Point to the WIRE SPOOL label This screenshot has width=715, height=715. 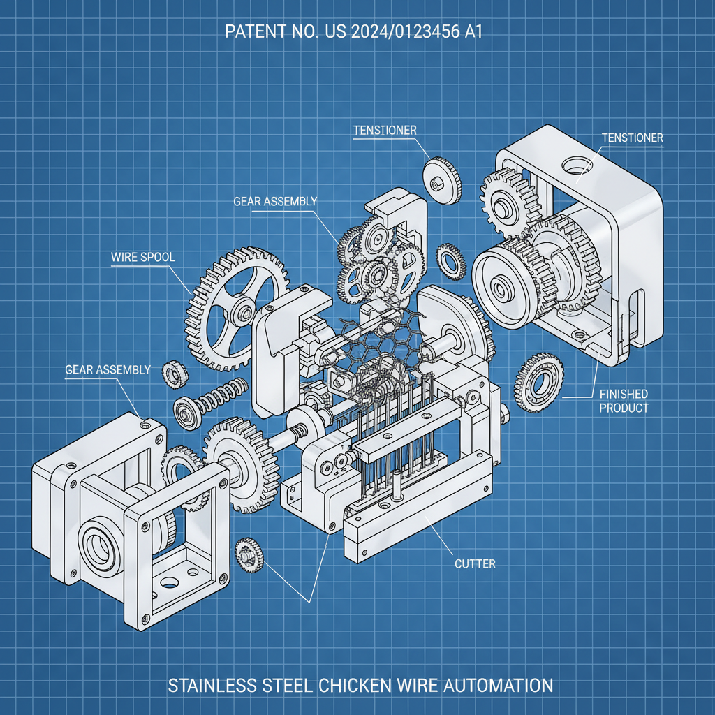point(143,257)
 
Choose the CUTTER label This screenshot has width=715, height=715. point(475,563)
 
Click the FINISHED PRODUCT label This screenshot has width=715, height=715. point(624,401)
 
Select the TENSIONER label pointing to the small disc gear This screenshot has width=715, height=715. point(385,131)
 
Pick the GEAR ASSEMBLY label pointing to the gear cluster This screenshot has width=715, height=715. point(275,202)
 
